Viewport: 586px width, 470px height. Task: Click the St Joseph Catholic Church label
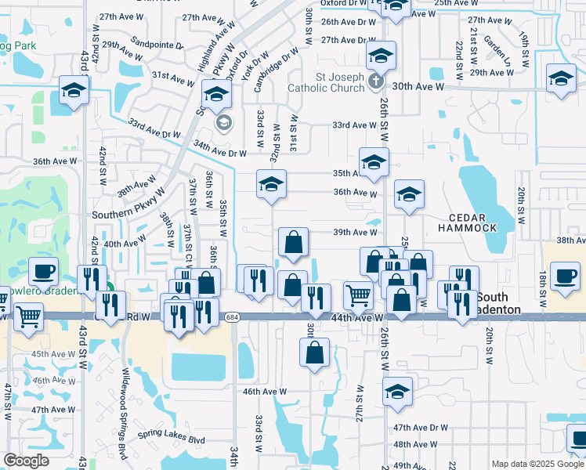[328, 82]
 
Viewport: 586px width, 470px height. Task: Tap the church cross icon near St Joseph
[376, 81]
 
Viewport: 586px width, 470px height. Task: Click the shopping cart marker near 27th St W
[358, 295]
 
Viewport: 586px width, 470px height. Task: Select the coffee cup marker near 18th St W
[564, 275]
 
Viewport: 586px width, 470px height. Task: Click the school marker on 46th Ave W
[397, 391]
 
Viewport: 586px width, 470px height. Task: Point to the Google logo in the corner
[26, 461]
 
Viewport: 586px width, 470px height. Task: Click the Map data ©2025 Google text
[537, 464]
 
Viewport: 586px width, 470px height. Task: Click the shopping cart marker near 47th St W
[28, 316]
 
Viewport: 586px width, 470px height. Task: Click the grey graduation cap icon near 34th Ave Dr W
[224, 122]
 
